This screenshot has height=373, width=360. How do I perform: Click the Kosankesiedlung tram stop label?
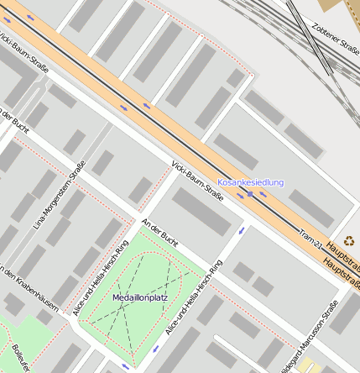coord(250,182)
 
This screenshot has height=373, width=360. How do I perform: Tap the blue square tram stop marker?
coord(250,195)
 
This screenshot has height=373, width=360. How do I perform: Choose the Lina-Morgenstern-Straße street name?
coord(60,200)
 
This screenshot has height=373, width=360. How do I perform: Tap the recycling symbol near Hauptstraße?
coord(349,241)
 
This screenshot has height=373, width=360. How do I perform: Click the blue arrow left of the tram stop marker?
coord(240,196)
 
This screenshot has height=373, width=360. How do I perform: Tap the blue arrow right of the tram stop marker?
coord(263,195)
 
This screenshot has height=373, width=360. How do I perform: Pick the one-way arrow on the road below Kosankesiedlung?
coord(243,229)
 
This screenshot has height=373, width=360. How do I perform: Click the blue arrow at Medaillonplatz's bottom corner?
coord(127,367)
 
